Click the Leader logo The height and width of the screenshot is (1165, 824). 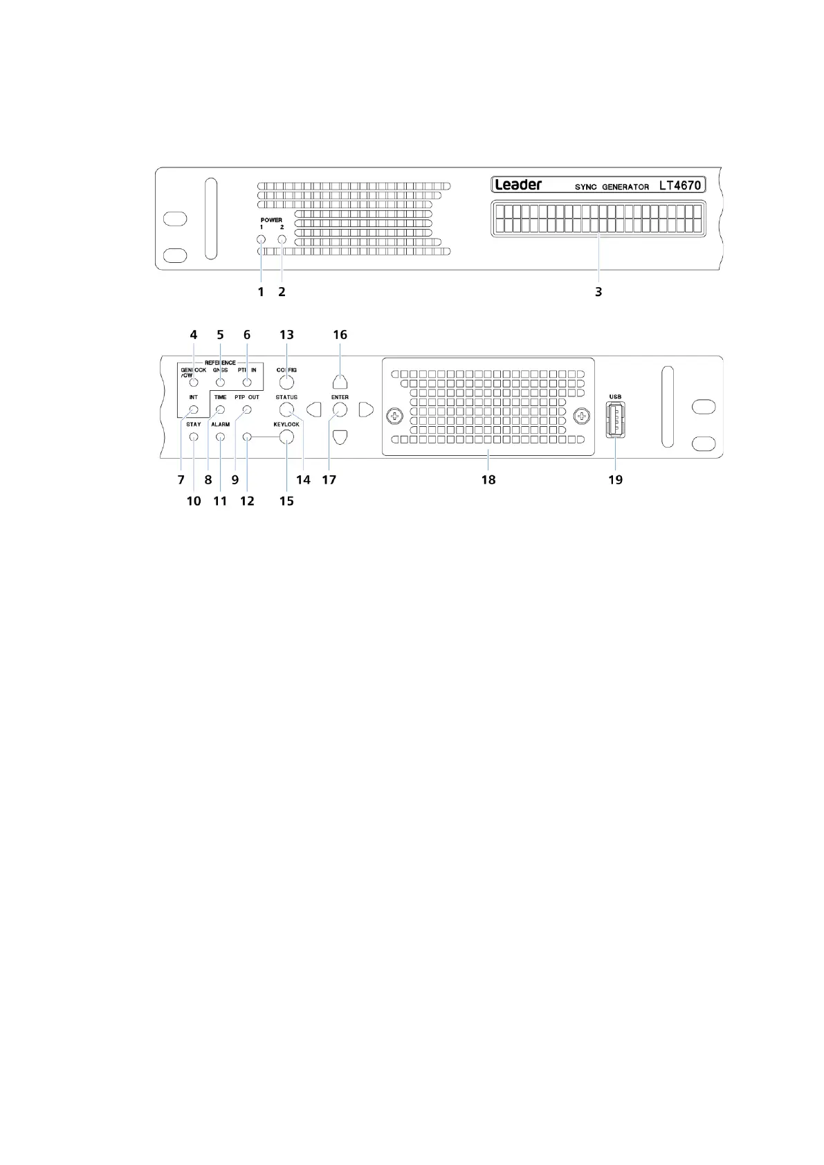[518, 185]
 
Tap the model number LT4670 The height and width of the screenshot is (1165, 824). [679, 185]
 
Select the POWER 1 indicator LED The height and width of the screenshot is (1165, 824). [261, 240]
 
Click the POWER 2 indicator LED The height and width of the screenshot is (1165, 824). [282, 240]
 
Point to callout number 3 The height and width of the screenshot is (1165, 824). [598, 292]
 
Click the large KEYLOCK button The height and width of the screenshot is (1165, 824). [286, 437]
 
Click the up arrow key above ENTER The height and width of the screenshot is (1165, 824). [340, 381]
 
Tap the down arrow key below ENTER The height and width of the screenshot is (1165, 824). [340, 437]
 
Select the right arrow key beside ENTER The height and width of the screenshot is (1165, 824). [366, 410]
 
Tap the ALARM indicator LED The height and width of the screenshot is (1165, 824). [220, 437]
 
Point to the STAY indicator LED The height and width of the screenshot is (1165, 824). [194, 437]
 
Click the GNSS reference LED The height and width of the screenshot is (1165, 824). [220, 383]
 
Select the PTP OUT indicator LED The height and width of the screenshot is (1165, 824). [246, 410]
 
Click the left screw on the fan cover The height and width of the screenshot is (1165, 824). [394, 416]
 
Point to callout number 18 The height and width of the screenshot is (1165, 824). [488, 479]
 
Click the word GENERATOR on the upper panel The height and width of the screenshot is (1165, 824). [628, 187]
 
